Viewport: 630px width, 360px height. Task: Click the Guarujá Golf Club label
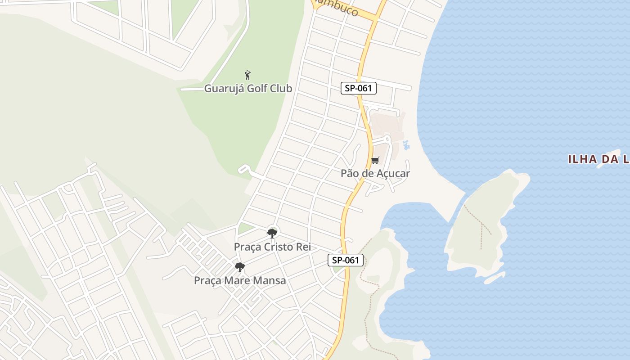pyautogui.click(x=248, y=88)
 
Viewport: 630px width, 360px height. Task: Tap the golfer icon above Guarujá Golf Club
pyautogui.click(x=247, y=75)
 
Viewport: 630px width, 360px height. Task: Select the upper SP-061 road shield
pyautogui.click(x=358, y=88)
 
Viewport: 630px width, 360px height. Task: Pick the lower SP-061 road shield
pyautogui.click(x=345, y=260)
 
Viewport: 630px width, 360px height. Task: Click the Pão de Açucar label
pyautogui.click(x=375, y=173)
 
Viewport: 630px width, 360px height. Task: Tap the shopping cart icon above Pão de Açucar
pyautogui.click(x=375, y=161)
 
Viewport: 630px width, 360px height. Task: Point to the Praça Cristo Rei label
pyautogui.click(x=272, y=247)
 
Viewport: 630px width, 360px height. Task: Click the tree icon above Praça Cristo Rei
pyautogui.click(x=272, y=233)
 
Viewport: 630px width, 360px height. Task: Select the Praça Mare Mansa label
pyautogui.click(x=239, y=280)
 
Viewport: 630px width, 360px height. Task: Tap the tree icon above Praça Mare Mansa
pyautogui.click(x=240, y=267)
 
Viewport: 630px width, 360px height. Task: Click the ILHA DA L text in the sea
pyautogui.click(x=598, y=159)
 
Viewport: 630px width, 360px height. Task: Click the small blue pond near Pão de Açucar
pyautogui.click(x=407, y=144)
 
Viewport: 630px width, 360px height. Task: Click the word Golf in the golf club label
pyautogui.click(x=256, y=88)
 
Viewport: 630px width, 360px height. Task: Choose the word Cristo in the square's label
pyautogui.click(x=278, y=247)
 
